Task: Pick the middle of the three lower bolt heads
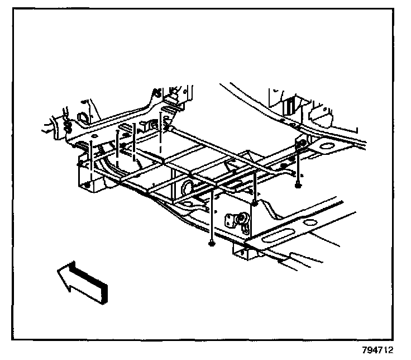pos(254,203)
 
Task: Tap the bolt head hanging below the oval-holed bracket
pos(299,184)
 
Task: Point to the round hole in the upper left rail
pos(79,119)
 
